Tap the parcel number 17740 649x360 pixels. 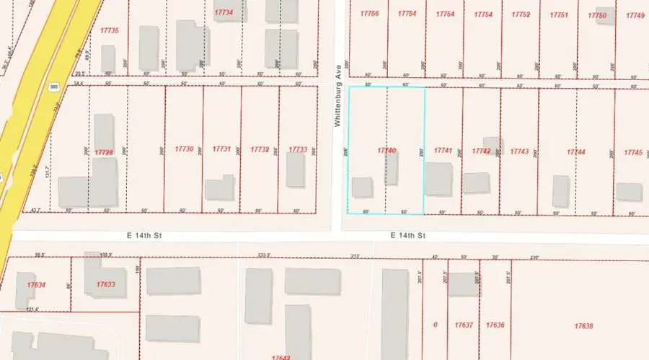(387, 150)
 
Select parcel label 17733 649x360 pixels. (298, 149)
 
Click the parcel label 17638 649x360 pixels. (583, 326)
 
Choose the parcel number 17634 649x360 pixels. (36, 285)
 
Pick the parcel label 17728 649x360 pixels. (105, 152)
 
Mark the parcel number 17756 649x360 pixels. (369, 14)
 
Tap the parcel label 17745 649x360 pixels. (632, 152)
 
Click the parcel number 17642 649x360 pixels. (281, 357)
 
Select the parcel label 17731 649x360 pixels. (221, 149)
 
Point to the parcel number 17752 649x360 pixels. (521, 14)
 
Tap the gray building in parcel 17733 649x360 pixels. (296, 170)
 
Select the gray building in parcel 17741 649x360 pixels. (438, 179)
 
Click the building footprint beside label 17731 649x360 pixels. (220, 188)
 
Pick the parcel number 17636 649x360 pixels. (495, 325)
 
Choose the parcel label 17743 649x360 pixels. (519, 152)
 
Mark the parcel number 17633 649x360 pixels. (105, 284)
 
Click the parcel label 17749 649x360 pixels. (635, 15)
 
